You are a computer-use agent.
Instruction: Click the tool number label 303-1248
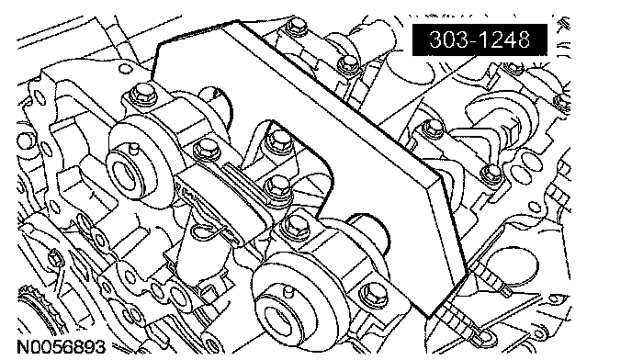480,39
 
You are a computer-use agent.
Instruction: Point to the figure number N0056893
61,347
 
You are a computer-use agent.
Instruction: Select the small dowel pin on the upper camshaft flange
134,149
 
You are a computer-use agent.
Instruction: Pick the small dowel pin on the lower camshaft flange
287,291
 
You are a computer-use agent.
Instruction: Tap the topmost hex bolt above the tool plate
296,27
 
